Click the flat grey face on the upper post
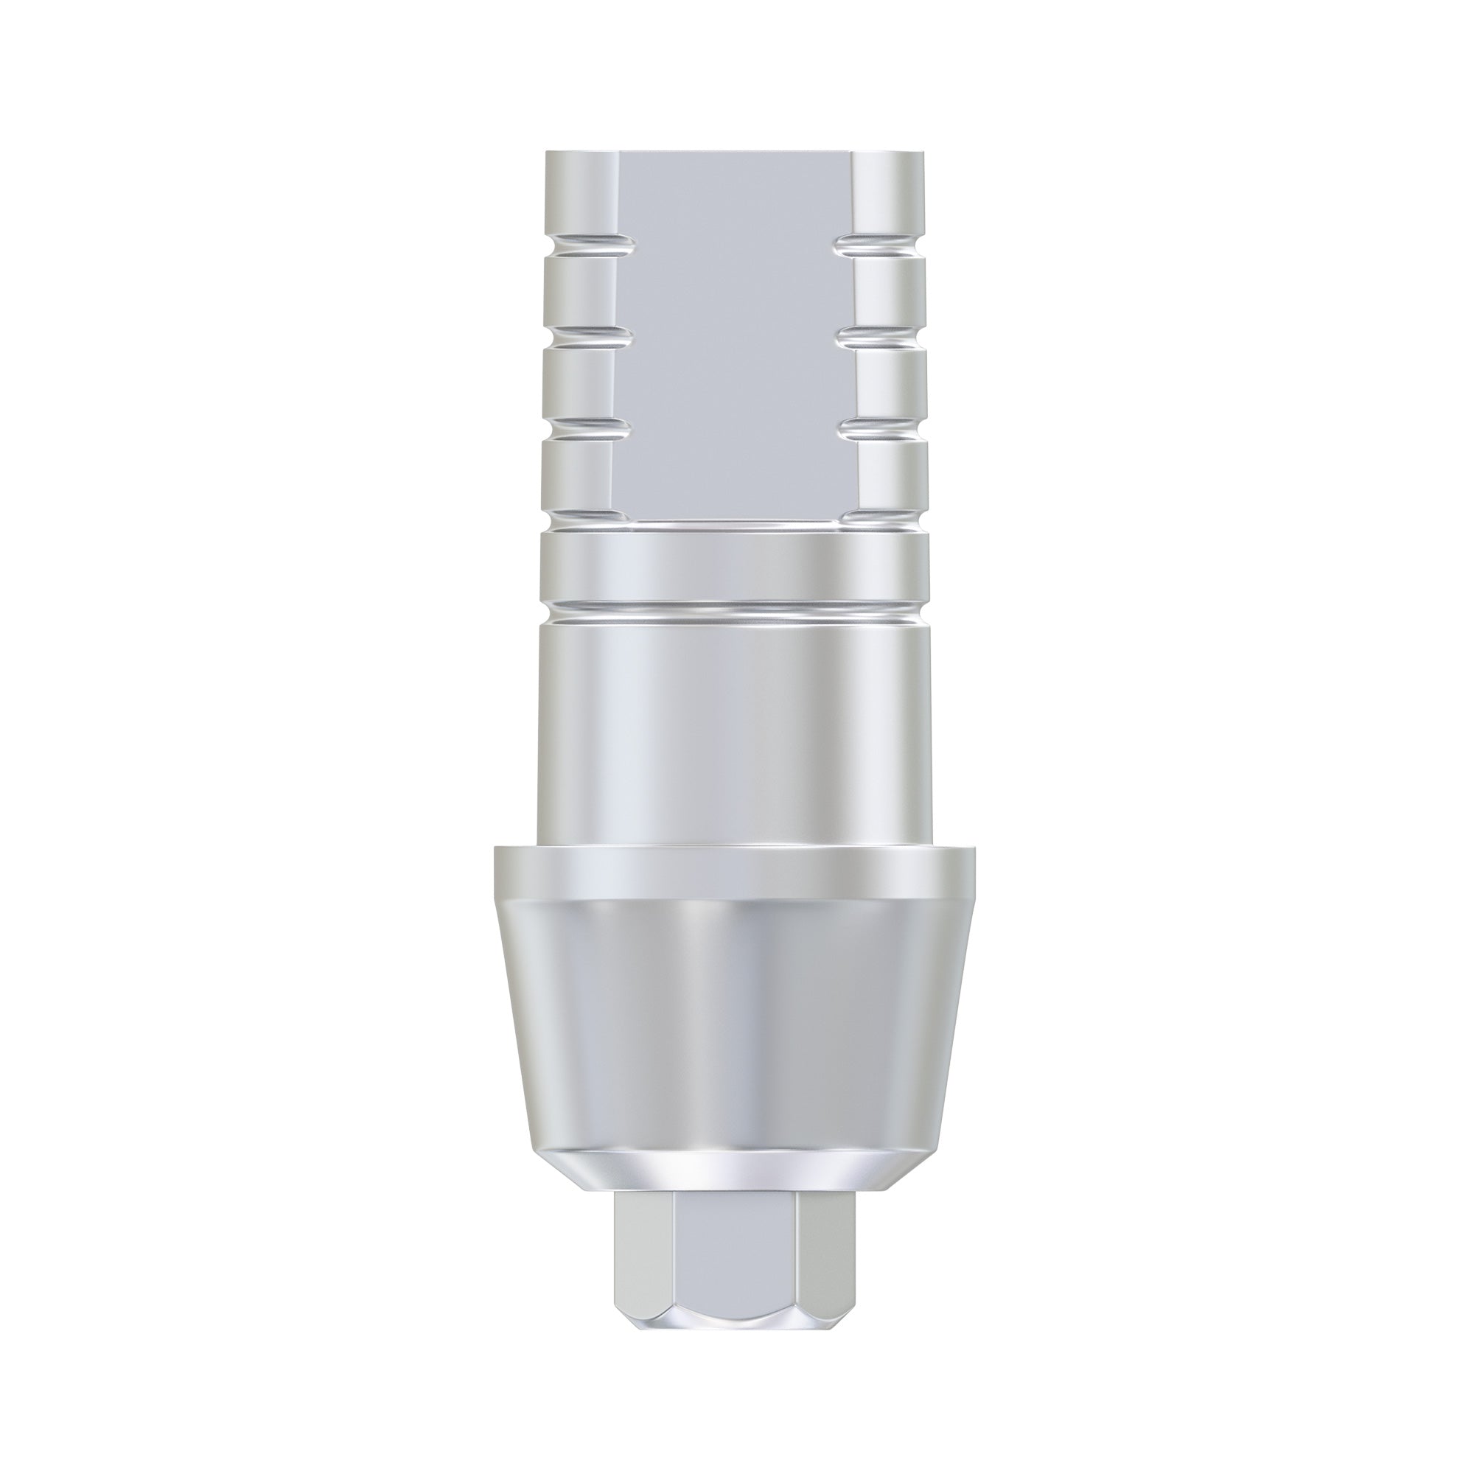pyautogui.click(x=736, y=321)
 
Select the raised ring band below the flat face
pyautogui.click(x=736, y=567)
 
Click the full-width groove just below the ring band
pyautogui.click(x=736, y=610)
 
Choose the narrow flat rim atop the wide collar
pyautogui.click(x=736, y=870)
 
